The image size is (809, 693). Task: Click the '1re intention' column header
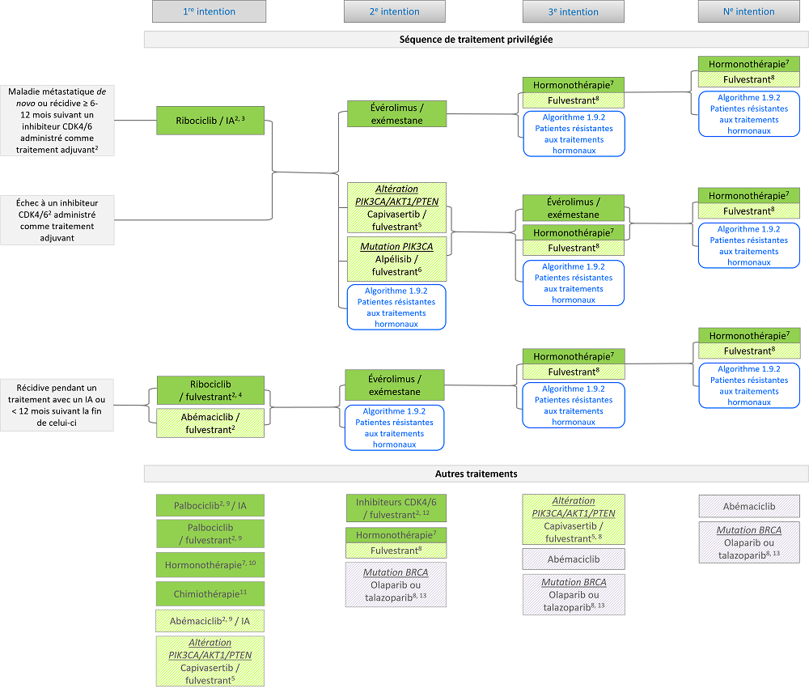coord(209,11)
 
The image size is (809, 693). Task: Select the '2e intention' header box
coord(394,11)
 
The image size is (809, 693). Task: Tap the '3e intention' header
coord(572,11)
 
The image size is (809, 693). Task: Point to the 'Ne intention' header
coord(748,11)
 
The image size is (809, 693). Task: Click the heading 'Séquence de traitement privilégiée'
coord(476,39)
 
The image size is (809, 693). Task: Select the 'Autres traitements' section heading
coord(476,474)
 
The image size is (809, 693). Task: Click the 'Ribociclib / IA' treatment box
coord(210,121)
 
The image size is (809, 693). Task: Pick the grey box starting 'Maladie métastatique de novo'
coord(57,120)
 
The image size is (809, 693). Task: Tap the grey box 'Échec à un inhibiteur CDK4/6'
coord(57,220)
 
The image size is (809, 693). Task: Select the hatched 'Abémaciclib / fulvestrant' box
coord(210,423)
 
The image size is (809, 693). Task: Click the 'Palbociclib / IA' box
coord(210,506)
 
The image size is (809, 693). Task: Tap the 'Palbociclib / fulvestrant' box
coord(210,534)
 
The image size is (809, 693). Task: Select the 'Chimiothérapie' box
coord(210,593)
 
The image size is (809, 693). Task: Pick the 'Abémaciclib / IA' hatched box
coord(210,621)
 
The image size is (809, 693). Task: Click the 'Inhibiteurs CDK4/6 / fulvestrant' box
coord(396,508)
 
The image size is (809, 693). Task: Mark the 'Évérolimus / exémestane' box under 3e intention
coord(574,208)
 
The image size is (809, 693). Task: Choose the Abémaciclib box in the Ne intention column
coord(749,507)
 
